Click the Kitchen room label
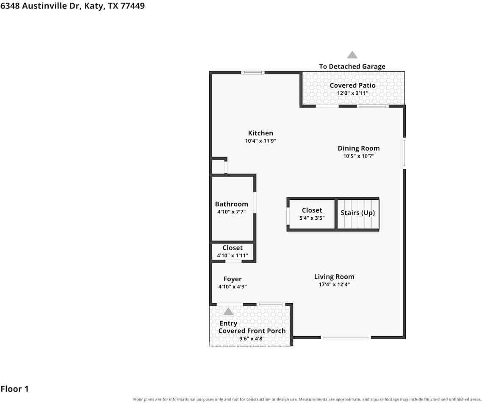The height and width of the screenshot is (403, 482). pos(260,133)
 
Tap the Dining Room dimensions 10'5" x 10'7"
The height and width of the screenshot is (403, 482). pos(358,156)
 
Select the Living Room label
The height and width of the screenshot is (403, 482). pos(334,277)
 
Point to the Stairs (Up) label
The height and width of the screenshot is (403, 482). pos(357,213)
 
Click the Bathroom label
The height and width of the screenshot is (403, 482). pos(232,204)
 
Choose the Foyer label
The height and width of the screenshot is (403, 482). pos(233,279)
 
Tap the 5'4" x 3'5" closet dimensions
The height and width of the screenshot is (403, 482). pos(312,218)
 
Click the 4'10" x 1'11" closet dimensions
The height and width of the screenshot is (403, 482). pos(233,256)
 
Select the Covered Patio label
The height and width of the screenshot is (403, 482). pos(352,86)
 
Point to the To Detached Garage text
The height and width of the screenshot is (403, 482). pos(352,66)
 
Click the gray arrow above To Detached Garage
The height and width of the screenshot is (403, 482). pos(352,55)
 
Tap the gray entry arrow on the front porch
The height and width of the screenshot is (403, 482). pos(228,312)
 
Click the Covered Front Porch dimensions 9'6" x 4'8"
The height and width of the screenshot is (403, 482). pos(252,339)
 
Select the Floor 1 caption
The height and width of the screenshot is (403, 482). pos(14,389)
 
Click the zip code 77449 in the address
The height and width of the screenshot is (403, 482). pos(133,6)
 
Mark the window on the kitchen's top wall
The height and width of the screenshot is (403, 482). pos(253,73)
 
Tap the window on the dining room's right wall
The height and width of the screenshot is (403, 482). pos(404,153)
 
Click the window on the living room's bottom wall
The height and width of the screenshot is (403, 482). pos(346,337)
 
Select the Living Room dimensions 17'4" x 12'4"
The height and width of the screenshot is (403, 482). pos(334,284)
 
